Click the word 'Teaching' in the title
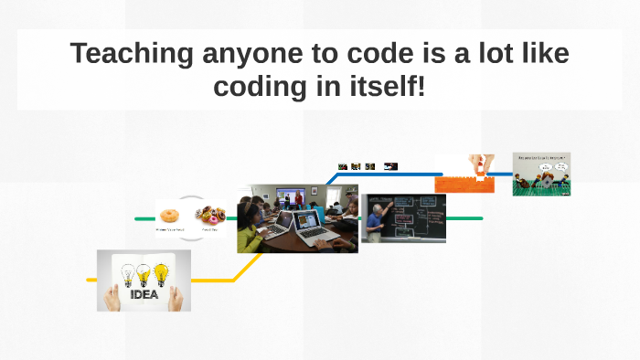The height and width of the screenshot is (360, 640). click(x=132, y=54)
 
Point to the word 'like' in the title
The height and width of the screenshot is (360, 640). click(x=539, y=54)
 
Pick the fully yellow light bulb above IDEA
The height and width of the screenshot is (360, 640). click(x=161, y=271)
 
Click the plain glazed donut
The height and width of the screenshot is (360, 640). click(x=169, y=216)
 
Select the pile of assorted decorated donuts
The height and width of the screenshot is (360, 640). click(x=210, y=215)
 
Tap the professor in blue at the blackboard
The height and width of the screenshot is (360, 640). click(x=378, y=222)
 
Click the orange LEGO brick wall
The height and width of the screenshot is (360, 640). click(x=464, y=184)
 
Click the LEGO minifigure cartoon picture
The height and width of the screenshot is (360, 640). click(x=541, y=174)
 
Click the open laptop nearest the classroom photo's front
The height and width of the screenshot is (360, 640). click(x=315, y=232)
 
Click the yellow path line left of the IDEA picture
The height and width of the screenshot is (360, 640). click(x=91, y=280)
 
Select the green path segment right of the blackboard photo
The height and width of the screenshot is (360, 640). click(x=464, y=218)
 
